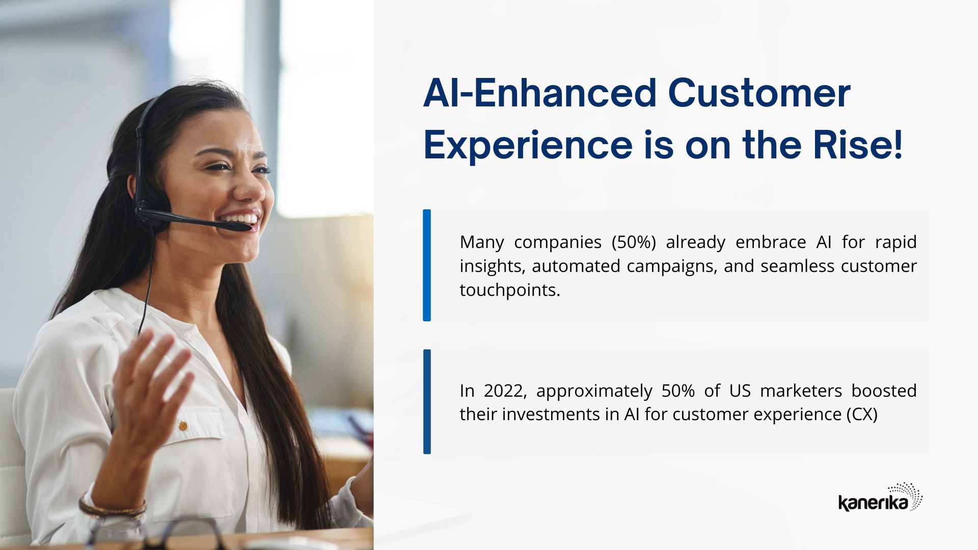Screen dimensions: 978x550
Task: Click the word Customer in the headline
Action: (x=759, y=93)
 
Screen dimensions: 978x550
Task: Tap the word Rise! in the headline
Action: (x=858, y=145)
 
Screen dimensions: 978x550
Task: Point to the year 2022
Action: (x=502, y=391)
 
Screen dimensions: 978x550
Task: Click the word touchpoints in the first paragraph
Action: (x=509, y=290)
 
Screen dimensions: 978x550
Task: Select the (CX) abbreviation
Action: (x=862, y=414)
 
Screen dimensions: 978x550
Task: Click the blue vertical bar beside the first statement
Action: (x=427, y=265)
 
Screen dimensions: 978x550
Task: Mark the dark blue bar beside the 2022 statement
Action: (x=427, y=402)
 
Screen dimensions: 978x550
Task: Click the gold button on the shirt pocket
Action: (x=182, y=425)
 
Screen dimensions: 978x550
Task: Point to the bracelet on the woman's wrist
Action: (x=112, y=507)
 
